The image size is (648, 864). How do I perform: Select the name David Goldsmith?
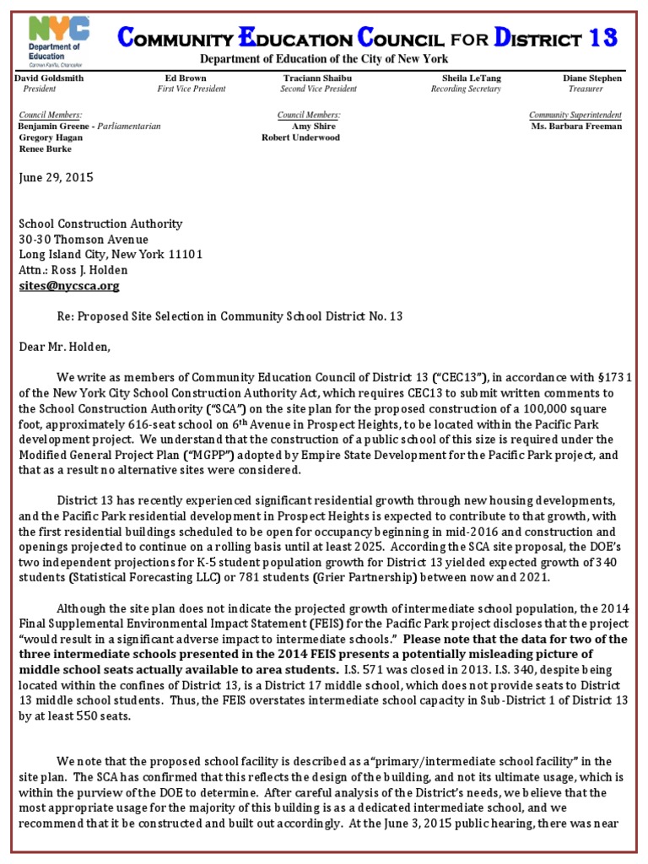tap(50, 78)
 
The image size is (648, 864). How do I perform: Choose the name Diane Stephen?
tap(592, 78)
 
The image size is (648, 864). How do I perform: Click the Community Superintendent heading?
tap(575, 115)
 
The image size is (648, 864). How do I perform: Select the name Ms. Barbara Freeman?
tap(576, 126)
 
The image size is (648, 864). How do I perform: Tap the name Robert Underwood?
tap(300, 137)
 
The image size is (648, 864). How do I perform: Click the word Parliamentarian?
tap(129, 126)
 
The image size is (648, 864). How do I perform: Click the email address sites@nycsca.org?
tap(69, 286)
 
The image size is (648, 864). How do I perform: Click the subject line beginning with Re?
tap(229, 316)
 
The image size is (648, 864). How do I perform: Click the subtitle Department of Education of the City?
tap(323, 58)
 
